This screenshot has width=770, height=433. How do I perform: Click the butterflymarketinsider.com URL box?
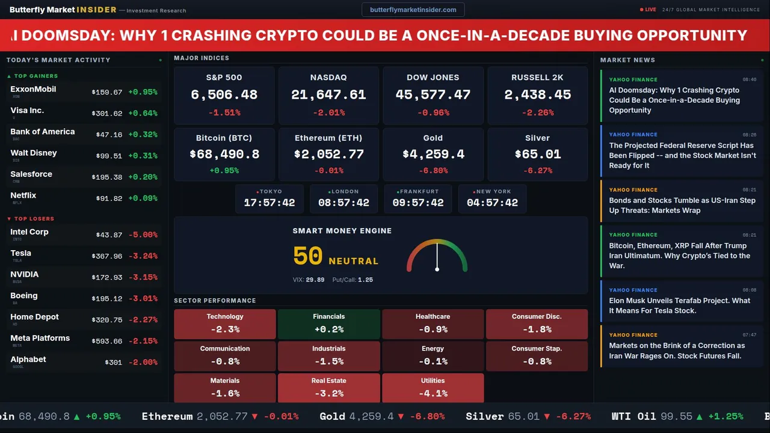click(x=413, y=10)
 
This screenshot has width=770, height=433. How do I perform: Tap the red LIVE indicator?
click(x=648, y=10)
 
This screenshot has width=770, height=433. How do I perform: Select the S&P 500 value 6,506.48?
click(x=224, y=95)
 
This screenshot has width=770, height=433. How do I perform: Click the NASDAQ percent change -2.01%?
click(x=328, y=112)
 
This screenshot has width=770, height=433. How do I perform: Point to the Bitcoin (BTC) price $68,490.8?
click(x=224, y=155)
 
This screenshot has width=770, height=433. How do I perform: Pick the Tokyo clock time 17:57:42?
click(x=269, y=203)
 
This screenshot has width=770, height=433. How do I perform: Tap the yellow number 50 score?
click(x=308, y=256)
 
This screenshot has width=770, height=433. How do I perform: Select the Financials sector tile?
click(x=328, y=324)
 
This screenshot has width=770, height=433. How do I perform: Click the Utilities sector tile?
click(x=433, y=388)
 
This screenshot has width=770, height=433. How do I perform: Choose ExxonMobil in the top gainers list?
click(x=33, y=90)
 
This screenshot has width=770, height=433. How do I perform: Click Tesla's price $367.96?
click(x=106, y=256)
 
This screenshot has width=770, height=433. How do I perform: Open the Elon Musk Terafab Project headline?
click(x=679, y=306)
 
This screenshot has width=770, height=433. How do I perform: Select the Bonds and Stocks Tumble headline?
click(x=682, y=205)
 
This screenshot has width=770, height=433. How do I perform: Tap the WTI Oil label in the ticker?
click(x=633, y=416)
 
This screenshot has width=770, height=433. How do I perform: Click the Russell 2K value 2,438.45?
click(x=537, y=95)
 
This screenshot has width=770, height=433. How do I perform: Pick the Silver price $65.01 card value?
click(x=537, y=155)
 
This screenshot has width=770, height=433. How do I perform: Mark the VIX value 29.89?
click(x=315, y=280)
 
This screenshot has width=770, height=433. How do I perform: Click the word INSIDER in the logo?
click(x=96, y=10)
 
